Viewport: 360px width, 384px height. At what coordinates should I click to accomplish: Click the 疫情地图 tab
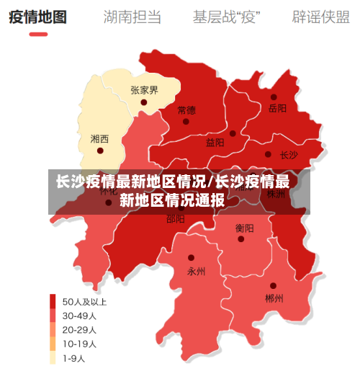37,17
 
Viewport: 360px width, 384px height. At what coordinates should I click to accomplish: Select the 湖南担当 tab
132,17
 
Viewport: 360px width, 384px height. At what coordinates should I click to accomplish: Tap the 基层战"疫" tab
226,17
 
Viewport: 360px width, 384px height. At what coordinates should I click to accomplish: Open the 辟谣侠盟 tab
320,17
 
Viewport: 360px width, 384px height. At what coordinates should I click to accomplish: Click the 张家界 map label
144,90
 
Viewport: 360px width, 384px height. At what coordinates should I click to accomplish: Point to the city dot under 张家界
144,102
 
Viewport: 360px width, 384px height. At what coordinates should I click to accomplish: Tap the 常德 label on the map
186,110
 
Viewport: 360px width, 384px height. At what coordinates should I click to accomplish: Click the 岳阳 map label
277,109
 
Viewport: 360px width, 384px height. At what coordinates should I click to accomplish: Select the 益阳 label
215,143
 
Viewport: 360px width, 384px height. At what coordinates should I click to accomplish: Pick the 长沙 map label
289,154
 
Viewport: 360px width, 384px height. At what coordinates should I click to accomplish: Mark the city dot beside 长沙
269,154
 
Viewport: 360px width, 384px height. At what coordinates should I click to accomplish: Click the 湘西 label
100,138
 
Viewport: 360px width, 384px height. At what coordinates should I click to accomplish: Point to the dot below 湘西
100,151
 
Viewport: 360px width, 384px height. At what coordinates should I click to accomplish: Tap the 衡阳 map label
244,228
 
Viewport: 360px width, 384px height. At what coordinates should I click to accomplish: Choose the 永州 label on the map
196,271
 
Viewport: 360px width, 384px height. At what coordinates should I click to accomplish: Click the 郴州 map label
274,298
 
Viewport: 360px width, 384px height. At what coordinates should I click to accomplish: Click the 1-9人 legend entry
73,358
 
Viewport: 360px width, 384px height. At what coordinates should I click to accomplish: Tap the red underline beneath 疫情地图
37,34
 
